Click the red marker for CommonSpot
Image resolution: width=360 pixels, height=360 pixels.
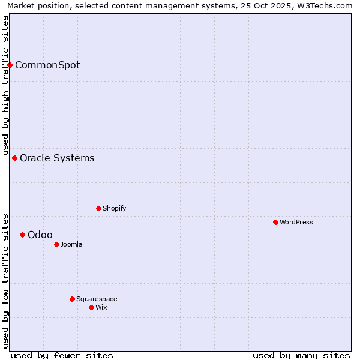coord(10,65)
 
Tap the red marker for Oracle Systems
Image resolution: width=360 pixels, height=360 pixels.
coord(15,158)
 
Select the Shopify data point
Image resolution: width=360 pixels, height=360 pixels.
coord(98,208)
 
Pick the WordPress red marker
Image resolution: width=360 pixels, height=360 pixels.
coord(275,222)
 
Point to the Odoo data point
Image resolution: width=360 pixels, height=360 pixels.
coord(23,235)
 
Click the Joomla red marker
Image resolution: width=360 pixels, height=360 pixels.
coord(56,244)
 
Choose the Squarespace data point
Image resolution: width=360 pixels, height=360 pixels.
coord(72,299)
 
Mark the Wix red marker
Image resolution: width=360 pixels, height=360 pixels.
coord(91,307)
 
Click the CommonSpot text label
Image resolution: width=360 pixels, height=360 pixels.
coord(47,65)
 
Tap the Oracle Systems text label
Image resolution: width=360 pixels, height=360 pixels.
coord(57,158)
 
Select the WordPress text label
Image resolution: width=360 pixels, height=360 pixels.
coord(296,222)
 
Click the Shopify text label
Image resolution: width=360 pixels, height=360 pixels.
coord(114,208)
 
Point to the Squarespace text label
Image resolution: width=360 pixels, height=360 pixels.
coord(97,299)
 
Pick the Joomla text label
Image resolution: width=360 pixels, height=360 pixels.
coord(71,244)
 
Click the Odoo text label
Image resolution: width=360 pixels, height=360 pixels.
coord(40,235)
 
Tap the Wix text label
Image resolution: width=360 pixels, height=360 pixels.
coord(101,307)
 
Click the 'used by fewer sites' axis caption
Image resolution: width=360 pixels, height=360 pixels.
coord(62,355)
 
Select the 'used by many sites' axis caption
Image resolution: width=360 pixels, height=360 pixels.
coord(301,355)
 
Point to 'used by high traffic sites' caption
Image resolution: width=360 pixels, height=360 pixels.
coord(5,85)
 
